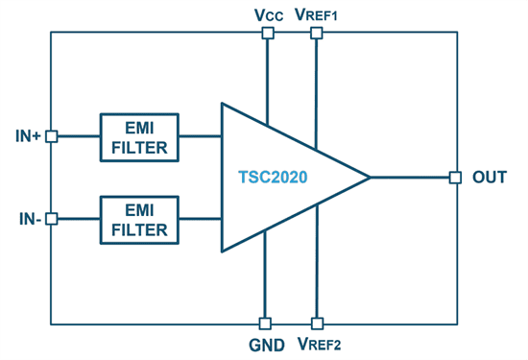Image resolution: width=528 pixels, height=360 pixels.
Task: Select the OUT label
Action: pos(489,178)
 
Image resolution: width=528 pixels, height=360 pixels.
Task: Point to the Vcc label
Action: pos(269,14)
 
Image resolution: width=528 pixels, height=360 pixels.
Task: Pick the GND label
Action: pos(266,343)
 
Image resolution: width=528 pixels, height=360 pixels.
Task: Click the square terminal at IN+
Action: pos(52,136)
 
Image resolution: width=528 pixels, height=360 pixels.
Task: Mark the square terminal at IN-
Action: pos(52,219)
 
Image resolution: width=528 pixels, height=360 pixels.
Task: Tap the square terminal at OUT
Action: pos(455,178)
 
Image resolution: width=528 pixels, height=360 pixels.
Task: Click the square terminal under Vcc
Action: pos(268,33)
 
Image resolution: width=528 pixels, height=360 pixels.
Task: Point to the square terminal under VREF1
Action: pos(316,33)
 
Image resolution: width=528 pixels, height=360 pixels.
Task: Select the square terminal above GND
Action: pos(266,324)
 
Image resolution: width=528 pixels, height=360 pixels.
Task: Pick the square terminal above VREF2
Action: pos(316,324)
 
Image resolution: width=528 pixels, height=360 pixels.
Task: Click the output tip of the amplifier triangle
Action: pos(369,178)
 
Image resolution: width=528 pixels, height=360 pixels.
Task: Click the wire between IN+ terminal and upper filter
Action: pos(79,136)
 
